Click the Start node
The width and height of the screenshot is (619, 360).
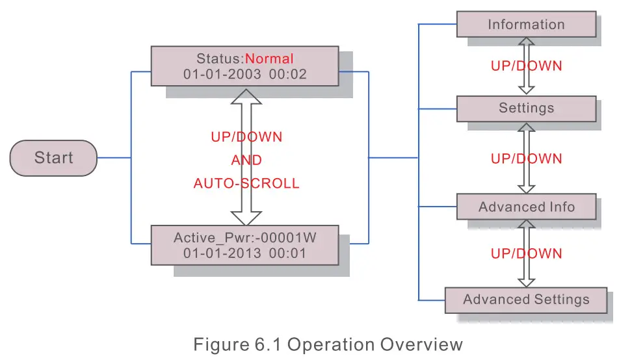53,158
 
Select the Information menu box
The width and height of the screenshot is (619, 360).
526,25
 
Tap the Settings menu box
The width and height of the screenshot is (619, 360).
526,108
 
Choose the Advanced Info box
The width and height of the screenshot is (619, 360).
526,207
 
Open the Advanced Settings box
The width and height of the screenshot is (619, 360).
525,300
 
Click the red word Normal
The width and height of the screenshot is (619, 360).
269,59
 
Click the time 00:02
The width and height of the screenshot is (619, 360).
287,75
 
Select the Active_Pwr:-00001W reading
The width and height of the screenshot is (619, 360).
244,238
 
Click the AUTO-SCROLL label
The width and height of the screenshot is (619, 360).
246,184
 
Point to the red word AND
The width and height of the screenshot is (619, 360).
246,161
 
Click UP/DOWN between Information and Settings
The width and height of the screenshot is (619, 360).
526,66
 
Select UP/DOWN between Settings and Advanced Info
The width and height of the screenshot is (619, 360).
526,159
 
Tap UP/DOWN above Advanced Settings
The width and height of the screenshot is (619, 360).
526,254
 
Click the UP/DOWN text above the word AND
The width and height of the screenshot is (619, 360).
246,137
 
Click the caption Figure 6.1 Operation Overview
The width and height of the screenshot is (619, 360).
328,344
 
